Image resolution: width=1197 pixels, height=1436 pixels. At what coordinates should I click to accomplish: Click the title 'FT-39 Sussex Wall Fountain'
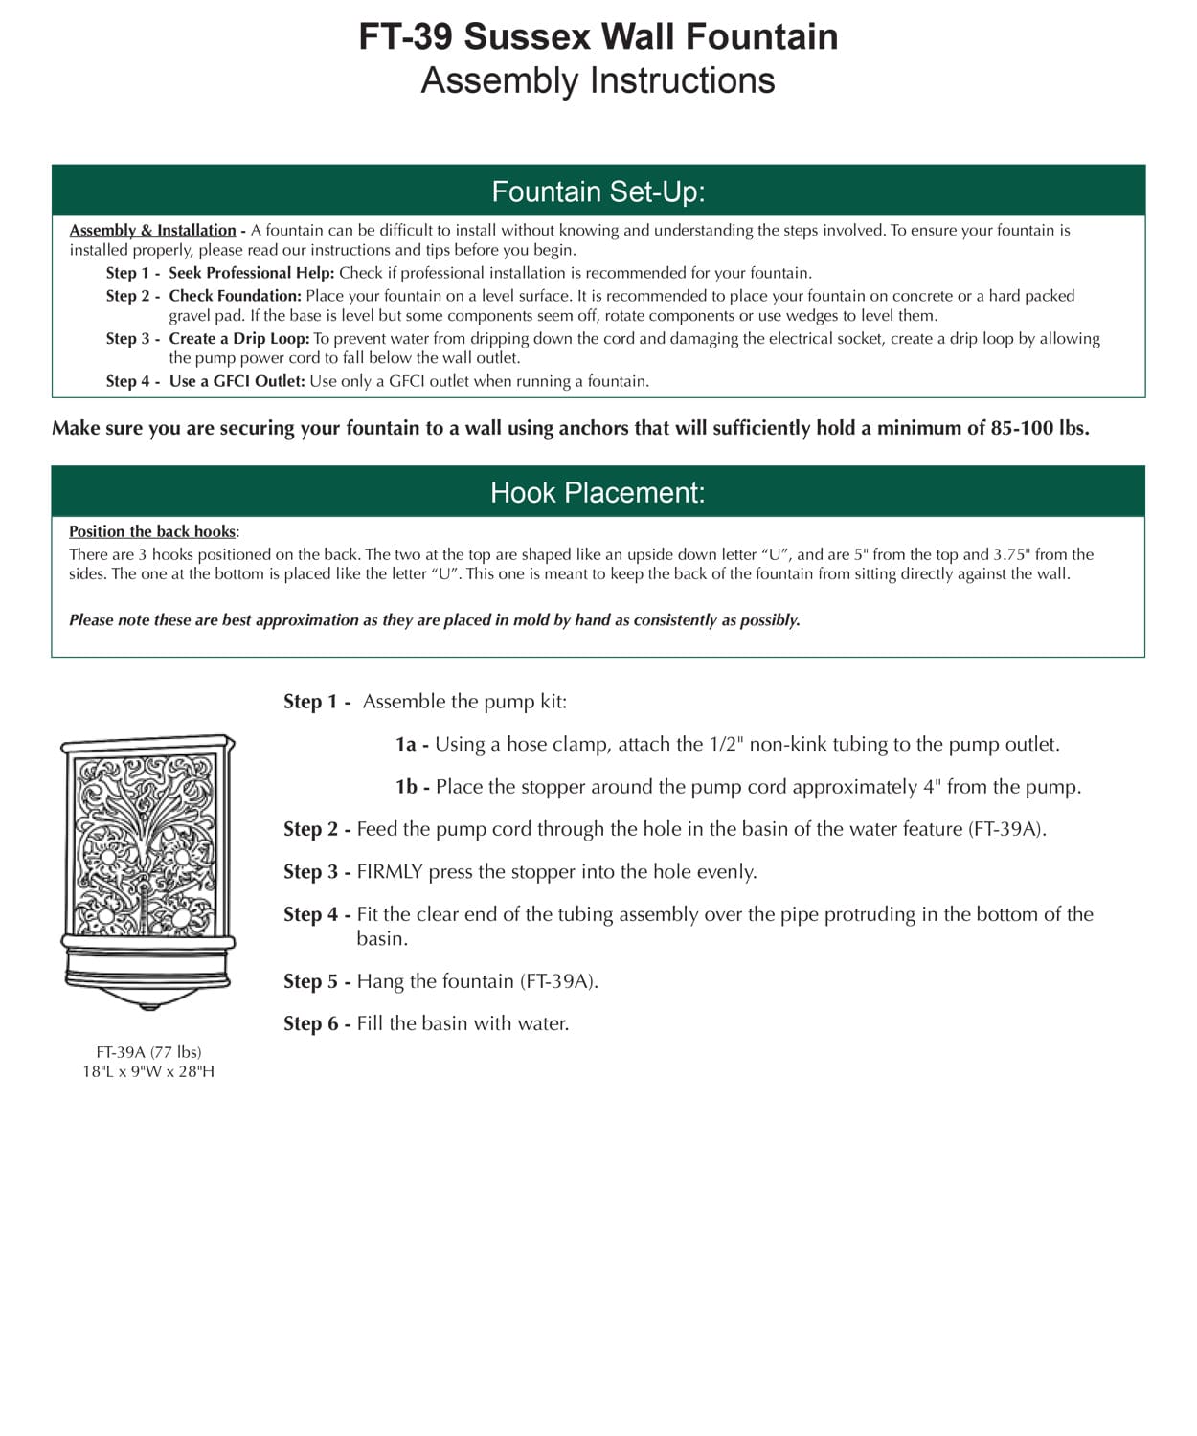pyautogui.click(x=598, y=36)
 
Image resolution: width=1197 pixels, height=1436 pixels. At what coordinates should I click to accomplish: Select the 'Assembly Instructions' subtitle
pyautogui.click(x=598, y=80)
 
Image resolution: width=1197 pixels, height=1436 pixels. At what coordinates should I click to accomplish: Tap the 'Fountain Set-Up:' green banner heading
pyautogui.click(x=598, y=191)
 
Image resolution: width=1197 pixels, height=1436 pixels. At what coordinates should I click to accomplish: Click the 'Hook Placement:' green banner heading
pyautogui.click(x=598, y=492)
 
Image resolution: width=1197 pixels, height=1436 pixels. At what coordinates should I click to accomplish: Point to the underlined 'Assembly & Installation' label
pyautogui.click(x=152, y=230)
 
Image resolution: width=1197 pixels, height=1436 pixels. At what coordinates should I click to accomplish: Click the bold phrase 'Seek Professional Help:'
pyautogui.click(x=252, y=273)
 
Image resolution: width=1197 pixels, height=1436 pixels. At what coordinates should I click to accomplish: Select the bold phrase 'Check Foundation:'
pyautogui.click(x=236, y=296)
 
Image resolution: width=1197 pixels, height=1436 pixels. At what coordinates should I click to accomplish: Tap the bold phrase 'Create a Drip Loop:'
pyautogui.click(x=239, y=338)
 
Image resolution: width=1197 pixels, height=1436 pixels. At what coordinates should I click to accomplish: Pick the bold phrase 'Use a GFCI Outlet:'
pyautogui.click(x=237, y=381)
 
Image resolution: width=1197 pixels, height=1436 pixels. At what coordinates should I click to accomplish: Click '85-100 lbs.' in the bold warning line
pyautogui.click(x=1040, y=428)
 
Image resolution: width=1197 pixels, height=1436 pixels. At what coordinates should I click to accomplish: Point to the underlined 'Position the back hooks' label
pyautogui.click(x=152, y=531)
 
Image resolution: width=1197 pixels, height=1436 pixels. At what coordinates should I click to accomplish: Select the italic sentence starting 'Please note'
pyautogui.click(x=434, y=620)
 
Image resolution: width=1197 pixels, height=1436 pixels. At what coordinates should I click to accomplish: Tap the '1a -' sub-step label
pyautogui.click(x=412, y=744)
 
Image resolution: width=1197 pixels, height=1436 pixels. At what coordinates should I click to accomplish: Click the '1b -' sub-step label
pyautogui.click(x=412, y=787)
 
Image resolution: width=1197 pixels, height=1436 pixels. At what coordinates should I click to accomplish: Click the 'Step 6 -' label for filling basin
pyautogui.click(x=317, y=1023)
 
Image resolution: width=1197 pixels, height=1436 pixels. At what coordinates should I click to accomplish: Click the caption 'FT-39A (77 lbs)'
pyautogui.click(x=148, y=1052)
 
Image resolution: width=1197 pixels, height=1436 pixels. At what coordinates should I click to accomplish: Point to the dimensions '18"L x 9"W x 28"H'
pyautogui.click(x=148, y=1071)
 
